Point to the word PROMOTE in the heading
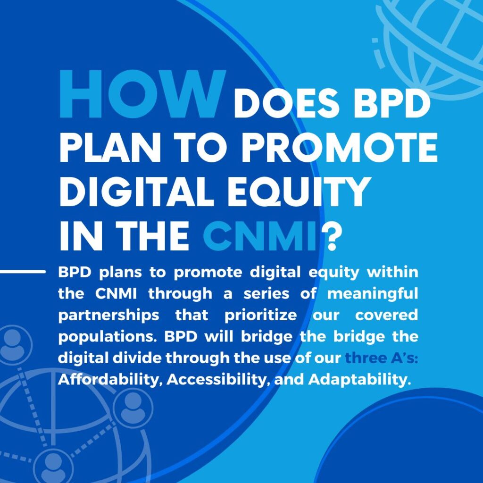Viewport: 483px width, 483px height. coord(339,148)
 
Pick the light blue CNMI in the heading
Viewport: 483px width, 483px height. coord(260,236)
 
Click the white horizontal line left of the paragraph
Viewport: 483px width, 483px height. coord(23,272)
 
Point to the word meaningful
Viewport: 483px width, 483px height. coord(373,294)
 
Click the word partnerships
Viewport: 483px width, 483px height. coord(109,316)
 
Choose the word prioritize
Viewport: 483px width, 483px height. coord(260,316)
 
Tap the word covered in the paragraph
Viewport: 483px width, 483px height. coord(386,315)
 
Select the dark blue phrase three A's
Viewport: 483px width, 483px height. coord(382,358)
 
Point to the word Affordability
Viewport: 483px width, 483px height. coord(110,380)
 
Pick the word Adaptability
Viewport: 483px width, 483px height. coord(360,380)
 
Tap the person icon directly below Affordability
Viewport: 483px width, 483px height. coord(133,408)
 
